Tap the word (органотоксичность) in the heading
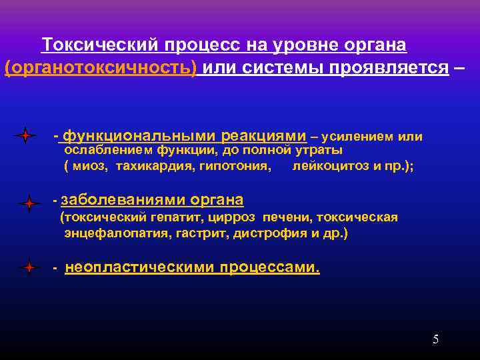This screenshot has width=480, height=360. tap(101, 68)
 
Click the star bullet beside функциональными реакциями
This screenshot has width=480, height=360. tap(25, 136)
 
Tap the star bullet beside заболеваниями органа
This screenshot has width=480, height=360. tap(29, 203)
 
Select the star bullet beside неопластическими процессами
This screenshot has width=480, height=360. tap(29, 268)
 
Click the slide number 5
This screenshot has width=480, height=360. tap(435, 339)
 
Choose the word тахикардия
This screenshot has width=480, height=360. tap(155, 166)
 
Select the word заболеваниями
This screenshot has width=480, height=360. tap(123, 200)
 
